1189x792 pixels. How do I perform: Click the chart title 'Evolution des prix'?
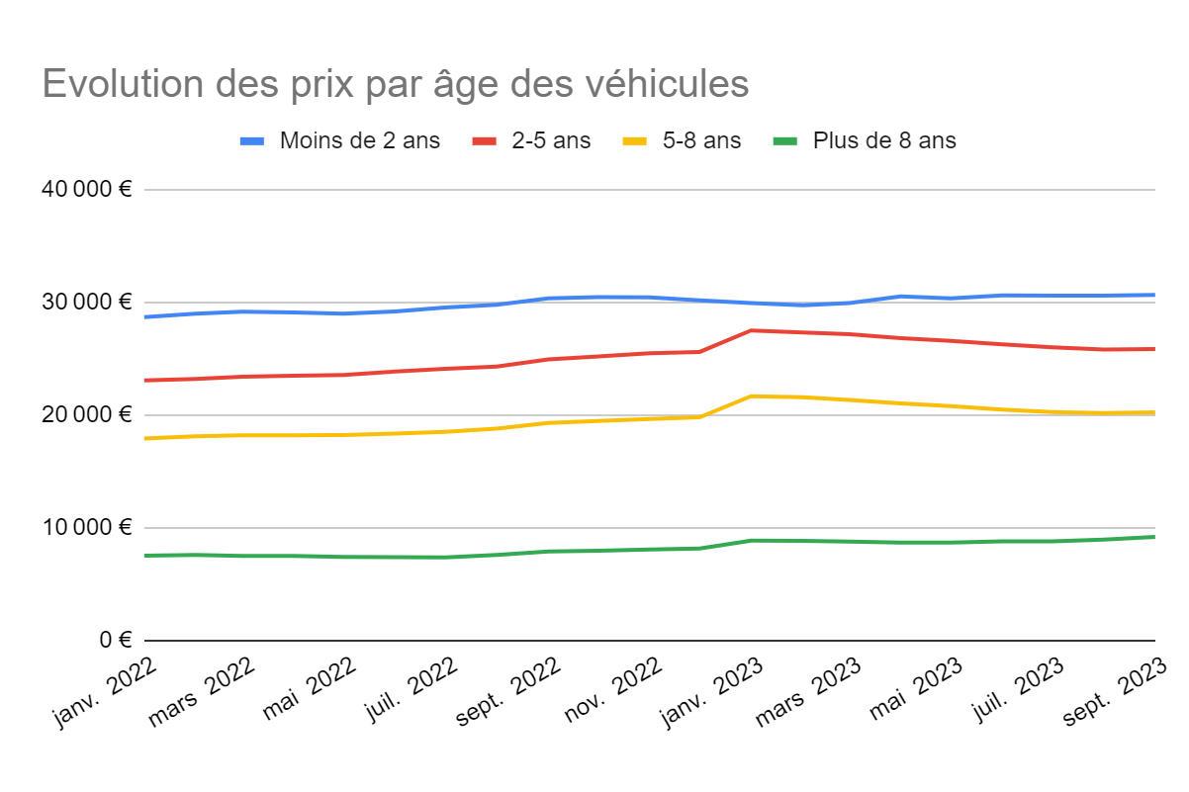[396, 85]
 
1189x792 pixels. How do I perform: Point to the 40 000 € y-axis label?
[86, 190]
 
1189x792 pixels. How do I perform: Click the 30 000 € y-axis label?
[86, 303]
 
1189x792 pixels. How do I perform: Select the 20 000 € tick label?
[86, 415]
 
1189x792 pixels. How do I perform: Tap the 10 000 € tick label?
[86, 528]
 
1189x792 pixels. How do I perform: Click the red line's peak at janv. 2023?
[751, 330]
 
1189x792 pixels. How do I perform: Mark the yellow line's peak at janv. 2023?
[751, 396]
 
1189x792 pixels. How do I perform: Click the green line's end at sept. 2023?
[1154, 537]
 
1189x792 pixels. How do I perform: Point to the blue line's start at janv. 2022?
[145, 317]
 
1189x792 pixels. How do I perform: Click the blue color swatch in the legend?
[252, 141]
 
